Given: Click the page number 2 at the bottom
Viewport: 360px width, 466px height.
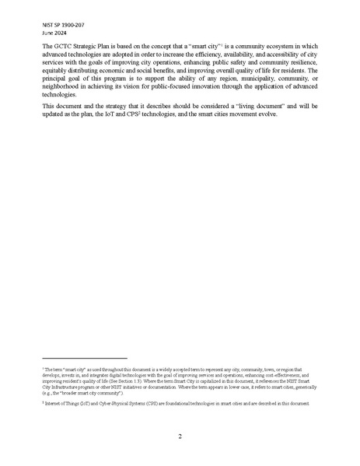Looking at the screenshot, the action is coord(180,436).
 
